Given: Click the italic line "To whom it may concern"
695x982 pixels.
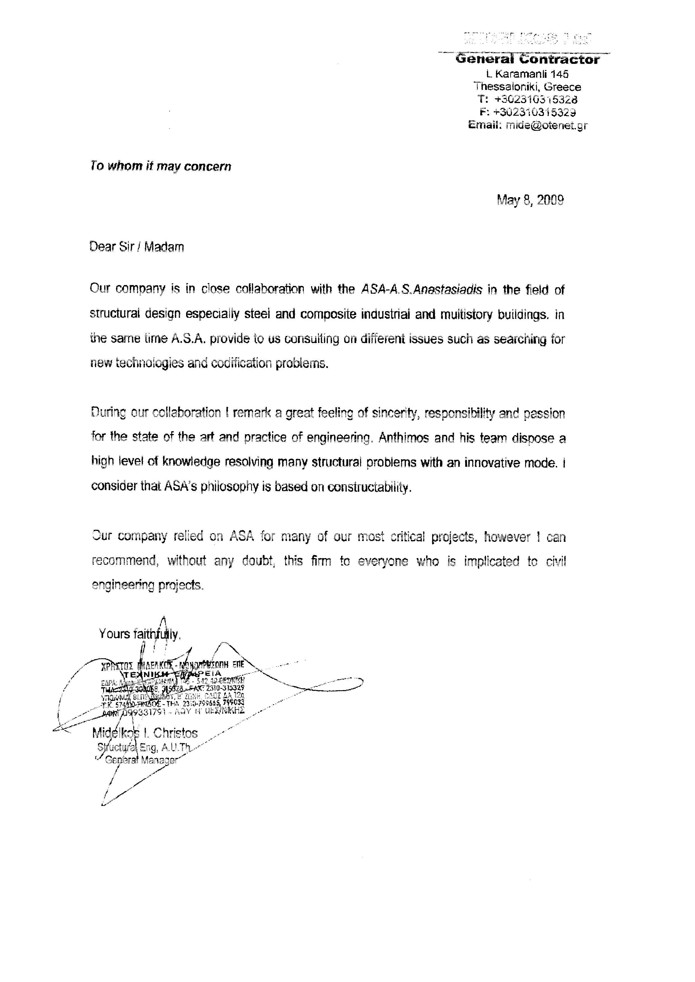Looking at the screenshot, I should (x=161, y=166).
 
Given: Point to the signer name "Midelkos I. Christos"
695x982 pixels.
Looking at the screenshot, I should (x=145, y=733).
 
